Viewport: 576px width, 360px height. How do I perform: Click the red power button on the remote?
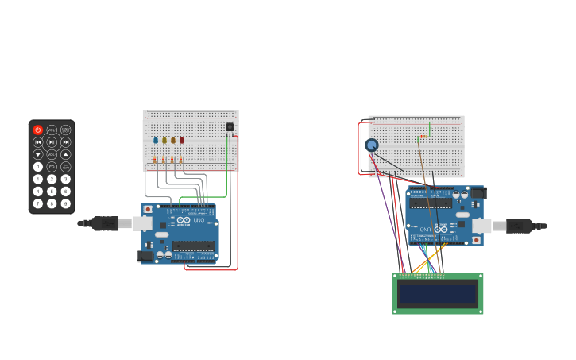tap(37, 130)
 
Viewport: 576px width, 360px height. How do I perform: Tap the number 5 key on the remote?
tap(52, 192)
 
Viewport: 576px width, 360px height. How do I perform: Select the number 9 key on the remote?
tap(66, 203)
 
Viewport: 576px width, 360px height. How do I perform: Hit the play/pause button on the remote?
tap(52, 142)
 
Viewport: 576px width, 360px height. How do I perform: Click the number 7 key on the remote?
tap(37, 203)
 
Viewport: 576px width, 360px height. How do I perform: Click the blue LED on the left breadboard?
tap(156, 140)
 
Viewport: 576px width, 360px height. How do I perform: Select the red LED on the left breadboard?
tap(181, 140)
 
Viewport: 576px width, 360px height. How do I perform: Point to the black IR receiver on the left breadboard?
tap(230, 126)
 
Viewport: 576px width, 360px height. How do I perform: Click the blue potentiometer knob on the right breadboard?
tap(371, 145)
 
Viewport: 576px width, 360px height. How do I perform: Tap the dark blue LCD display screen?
tap(438, 293)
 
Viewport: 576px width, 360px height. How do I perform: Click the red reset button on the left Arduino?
tap(147, 210)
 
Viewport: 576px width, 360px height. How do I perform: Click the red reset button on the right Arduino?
tap(477, 240)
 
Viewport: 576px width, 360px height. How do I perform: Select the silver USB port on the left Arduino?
tap(142, 223)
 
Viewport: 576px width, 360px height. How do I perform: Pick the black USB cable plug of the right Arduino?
tap(518, 226)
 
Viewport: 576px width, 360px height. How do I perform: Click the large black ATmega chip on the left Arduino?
tap(193, 246)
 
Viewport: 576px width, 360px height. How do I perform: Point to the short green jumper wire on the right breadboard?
tap(430, 129)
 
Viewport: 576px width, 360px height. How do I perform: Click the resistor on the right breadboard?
tap(423, 137)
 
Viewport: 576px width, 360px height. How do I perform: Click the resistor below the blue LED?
tap(155, 160)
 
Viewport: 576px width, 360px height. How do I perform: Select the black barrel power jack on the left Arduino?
tap(145, 256)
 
